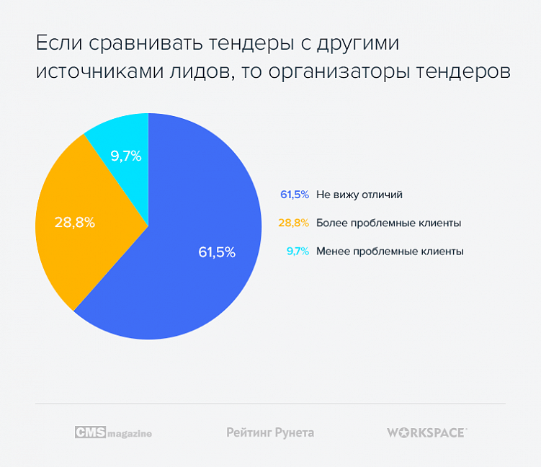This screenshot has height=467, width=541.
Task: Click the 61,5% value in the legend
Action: [295, 195]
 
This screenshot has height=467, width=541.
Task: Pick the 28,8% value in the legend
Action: [295, 223]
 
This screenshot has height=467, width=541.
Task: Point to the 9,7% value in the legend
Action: [298, 252]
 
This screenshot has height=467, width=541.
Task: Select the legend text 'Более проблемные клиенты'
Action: [388, 223]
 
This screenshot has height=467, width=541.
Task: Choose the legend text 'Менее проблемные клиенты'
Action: [389, 252]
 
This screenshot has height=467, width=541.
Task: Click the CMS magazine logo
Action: [113, 432]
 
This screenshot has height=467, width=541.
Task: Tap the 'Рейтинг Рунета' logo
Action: [270, 432]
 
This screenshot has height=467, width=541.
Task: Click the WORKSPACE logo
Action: [426, 432]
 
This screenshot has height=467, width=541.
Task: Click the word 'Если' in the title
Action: [59, 44]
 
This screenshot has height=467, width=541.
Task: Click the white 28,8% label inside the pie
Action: [75, 223]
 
